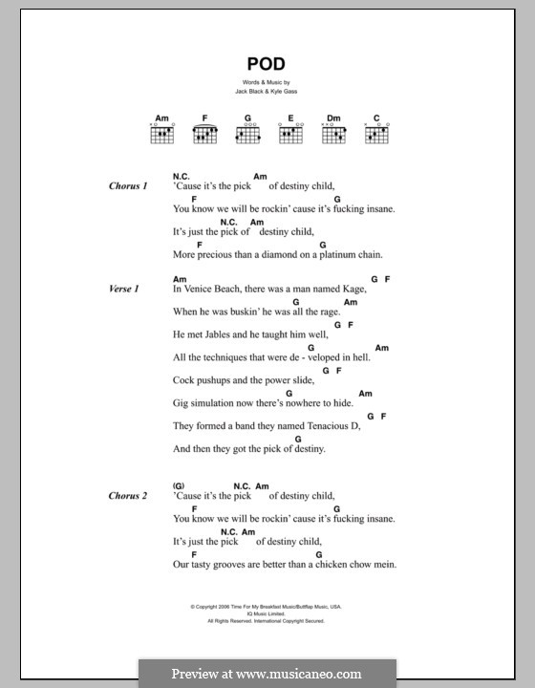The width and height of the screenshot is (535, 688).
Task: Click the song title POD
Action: pyautogui.click(x=267, y=65)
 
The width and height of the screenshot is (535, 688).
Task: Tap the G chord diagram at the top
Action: pyautogui.click(x=247, y=134)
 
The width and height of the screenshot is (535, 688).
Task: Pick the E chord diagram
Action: pyautogui.click(x=290, y=134)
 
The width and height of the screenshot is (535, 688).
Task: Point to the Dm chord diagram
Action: pyautogui.click(x=332, y=134)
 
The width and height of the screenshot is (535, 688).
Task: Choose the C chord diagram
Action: pyautogui.click(x=376, y=134)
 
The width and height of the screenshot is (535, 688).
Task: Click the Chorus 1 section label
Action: pyautogui.click(x=129, y=186)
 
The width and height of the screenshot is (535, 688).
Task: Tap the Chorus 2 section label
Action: pyautogui.click(x=129, y=496)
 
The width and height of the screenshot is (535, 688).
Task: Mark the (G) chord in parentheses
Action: pyautogui.click(x=179, y=485)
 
